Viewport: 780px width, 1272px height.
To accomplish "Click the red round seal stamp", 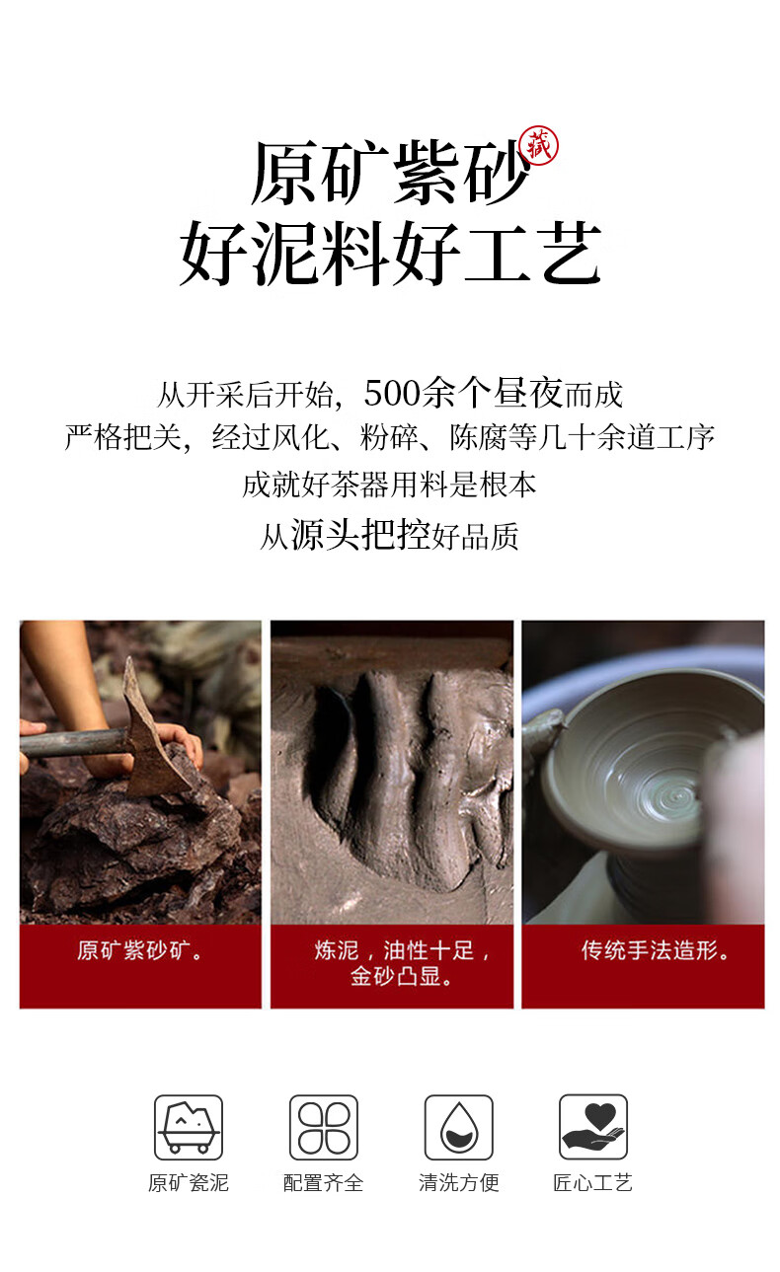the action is (539, 145).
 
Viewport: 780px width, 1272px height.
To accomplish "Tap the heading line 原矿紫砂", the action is (390, 172).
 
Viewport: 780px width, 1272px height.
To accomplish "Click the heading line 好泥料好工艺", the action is (390, 254).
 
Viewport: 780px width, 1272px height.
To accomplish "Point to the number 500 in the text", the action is (392, 393).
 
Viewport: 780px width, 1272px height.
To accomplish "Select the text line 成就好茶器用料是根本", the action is (389, 485).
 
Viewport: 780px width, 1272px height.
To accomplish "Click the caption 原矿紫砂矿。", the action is (140, 950).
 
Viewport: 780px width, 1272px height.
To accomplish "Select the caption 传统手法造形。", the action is (655, 950).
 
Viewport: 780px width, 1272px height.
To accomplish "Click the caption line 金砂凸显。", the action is (401, 976).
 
